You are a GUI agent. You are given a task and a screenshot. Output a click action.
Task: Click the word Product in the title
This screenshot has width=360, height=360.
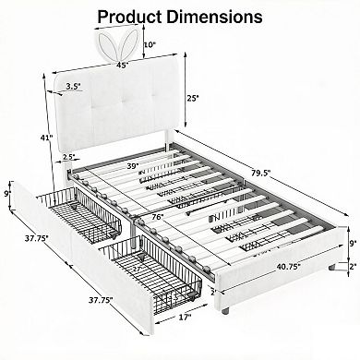[130, 17]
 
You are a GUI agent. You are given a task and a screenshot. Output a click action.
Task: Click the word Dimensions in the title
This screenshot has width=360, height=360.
[214, 17]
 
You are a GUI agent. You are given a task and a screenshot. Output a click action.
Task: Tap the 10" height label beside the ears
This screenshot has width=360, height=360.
[150, 44]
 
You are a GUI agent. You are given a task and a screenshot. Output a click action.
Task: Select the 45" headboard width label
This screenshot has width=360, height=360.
[122, 65]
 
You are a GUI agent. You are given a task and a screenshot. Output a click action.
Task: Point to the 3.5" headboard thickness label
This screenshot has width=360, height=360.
[73, 87]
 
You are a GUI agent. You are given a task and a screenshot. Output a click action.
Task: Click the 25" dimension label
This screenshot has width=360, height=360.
[193, 98]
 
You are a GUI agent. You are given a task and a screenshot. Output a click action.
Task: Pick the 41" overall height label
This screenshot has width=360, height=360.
[48, 138]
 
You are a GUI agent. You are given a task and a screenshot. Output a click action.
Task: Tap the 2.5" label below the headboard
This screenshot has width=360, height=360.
[68, 156]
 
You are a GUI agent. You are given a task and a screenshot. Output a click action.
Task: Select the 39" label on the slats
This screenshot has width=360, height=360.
[133, 166]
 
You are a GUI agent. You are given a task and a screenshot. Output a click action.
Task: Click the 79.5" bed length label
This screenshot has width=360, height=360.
[261, 173]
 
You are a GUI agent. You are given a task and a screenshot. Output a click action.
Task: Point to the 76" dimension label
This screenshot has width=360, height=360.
[158, 217]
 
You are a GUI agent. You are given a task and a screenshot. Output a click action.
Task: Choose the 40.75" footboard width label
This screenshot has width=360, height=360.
[288, 267]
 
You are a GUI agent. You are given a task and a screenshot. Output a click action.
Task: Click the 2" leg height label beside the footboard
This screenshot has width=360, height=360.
[354, 266]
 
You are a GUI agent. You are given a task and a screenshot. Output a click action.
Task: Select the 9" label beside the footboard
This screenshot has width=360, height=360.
[354, 242]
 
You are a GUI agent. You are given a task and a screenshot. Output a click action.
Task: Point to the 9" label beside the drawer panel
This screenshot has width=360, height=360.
[6, 194]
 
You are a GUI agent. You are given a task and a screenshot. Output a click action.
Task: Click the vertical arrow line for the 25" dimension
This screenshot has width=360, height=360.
[186, 90]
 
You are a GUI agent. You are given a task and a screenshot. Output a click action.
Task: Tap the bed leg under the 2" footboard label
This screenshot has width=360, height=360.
[331, 267]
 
